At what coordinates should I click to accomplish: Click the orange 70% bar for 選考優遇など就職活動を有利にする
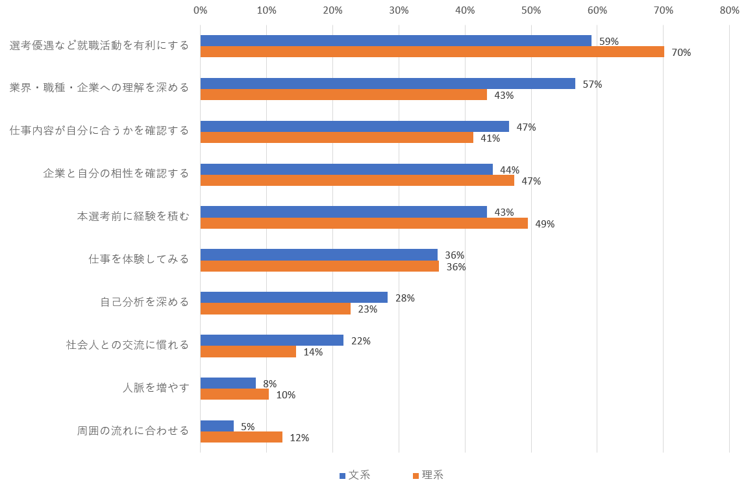432,52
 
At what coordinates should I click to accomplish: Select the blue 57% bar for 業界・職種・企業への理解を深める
388,84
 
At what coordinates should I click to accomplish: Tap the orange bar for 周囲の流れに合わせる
242,437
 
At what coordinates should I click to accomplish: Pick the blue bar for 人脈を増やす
228,383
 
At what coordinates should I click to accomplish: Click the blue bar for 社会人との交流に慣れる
272,340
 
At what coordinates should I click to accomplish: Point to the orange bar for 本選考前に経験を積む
364,224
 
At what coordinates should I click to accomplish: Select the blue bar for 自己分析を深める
294,298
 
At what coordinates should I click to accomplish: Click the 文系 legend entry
355,475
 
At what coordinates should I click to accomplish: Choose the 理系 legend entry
428,475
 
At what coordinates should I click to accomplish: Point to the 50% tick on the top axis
531,10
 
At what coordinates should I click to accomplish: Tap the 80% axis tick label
729,10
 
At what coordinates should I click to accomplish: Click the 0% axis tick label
201,10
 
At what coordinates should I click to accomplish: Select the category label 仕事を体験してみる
139,259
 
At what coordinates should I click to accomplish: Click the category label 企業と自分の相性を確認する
116,173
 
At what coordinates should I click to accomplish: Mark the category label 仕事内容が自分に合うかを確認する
99,131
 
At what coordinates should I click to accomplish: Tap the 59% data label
608,42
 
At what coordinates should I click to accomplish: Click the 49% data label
545,224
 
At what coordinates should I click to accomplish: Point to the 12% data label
299,438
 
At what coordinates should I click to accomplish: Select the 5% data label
247,427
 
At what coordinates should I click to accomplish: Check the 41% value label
490,138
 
